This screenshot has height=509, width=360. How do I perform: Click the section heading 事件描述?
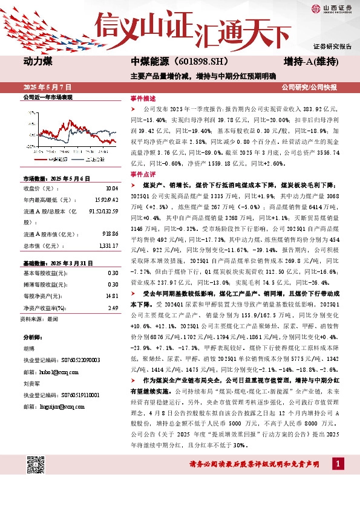143,97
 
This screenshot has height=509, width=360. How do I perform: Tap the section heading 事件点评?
143,173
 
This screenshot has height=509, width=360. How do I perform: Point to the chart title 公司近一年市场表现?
47,97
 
